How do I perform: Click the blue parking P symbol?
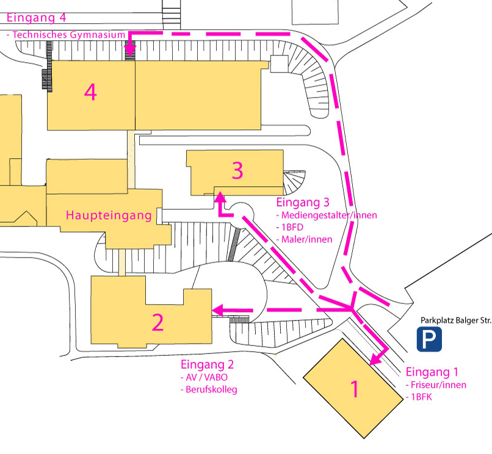click(x=429, y=339)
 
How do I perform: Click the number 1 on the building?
click(x=355, y=389)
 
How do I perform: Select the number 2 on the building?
click(x=157, y=322)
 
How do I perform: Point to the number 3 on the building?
click(x=237, y=171)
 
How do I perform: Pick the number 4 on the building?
click(x=90, y=92)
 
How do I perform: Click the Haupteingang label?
click(x=109, y=215)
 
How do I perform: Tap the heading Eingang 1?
click(x=432, y=372)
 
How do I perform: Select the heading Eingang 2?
click(x=208, y=365)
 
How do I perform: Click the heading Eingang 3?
click(x=303, y=203)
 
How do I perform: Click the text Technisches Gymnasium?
click(x=68, y=35)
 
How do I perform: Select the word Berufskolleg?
click(x=211, y=389)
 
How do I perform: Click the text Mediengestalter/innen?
click(x=329, y=215)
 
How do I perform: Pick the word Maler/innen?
click(x=307, y=239)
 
